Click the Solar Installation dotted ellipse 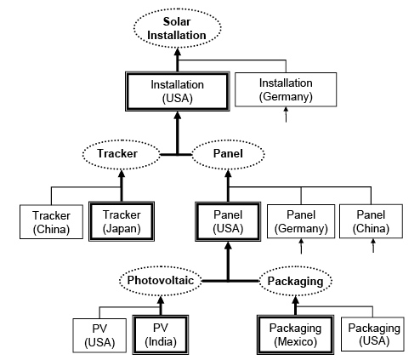coord(177,27)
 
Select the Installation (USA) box coord(177,91)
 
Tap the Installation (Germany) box coord(286,90)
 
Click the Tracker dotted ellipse coord(122,155)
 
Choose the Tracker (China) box coord(45,220)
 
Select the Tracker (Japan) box coord(122,220)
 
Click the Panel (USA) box coord(227,221)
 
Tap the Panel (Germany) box coord(301,221)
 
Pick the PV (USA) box coord(97,333)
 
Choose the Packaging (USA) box coord(372,333)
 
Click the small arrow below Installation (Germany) coord(286,116)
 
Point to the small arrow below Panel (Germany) coord(301,247)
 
